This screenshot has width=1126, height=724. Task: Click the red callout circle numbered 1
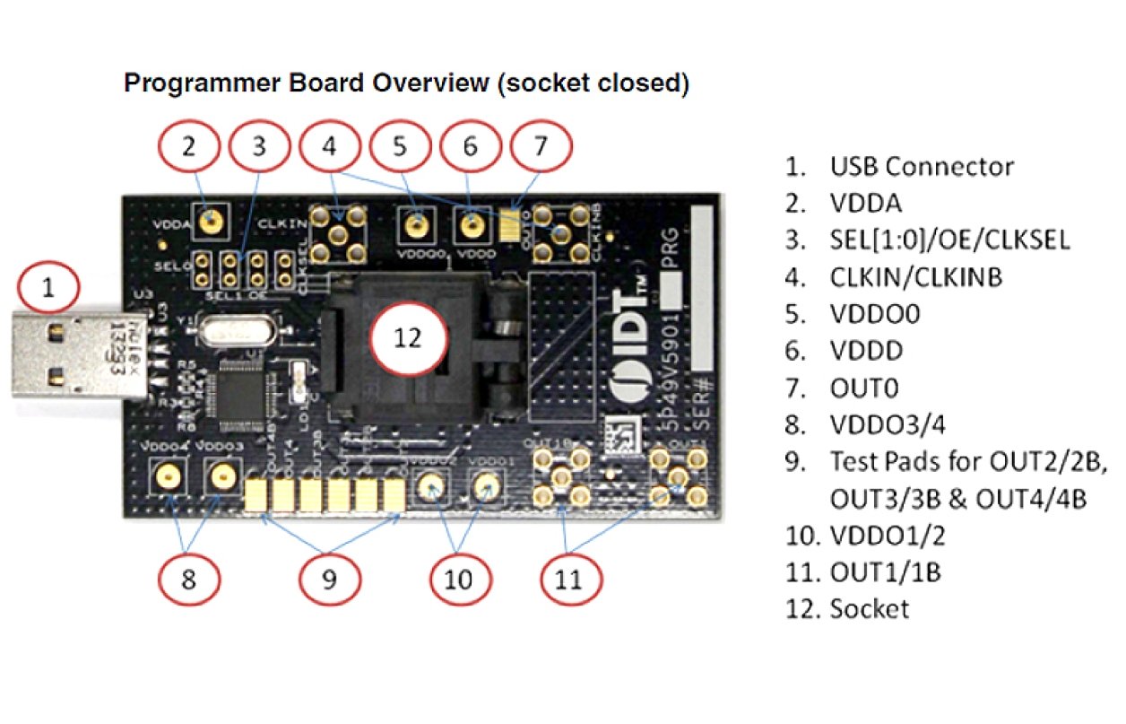tap(48, 288)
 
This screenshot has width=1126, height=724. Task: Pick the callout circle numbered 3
tap(259, 147)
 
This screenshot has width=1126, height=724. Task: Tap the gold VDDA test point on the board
tap(212, 219)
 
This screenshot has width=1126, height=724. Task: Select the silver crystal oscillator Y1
tap(235, 333)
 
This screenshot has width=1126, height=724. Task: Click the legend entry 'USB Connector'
tap(922, 166)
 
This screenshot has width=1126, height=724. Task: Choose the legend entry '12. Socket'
tap(846, 608)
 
